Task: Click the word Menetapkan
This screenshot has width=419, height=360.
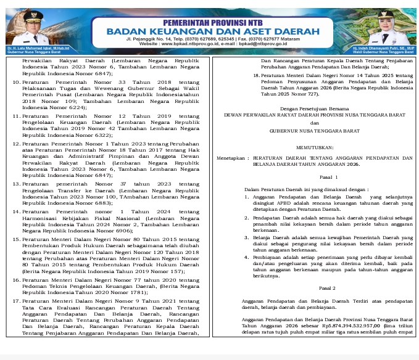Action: pos(231,158)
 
